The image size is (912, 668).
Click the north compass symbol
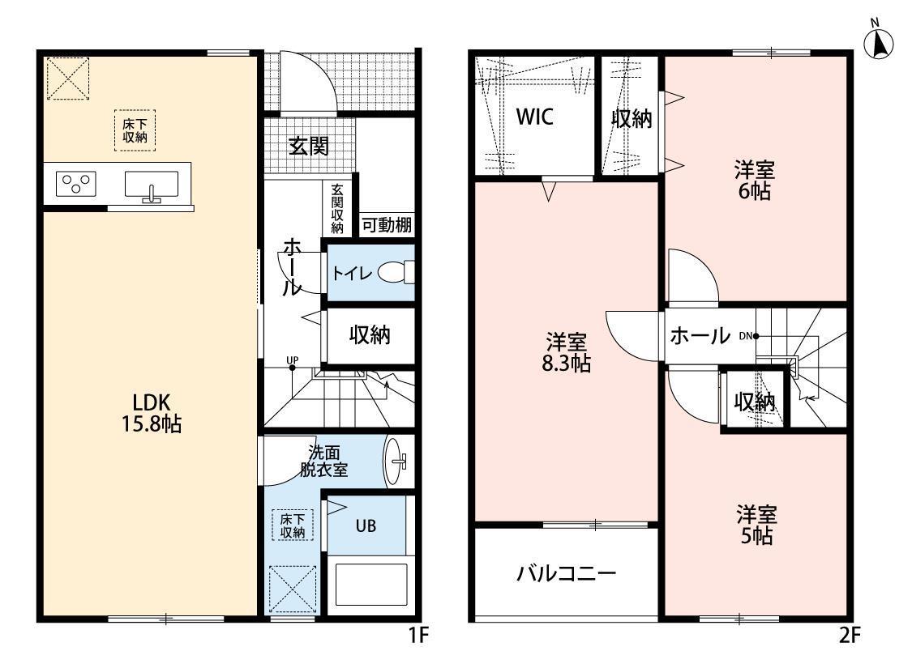tap(877, 42)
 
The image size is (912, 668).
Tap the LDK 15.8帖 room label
tap(152, 413)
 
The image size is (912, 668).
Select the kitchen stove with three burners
tap(76, 184)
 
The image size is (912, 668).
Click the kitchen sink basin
tap(152, 184)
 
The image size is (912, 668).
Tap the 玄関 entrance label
tap(309, 146)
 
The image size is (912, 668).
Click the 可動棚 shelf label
tap(387, 225)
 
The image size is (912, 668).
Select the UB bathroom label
tap(366, 526)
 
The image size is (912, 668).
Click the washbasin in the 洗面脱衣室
tap(396, 462)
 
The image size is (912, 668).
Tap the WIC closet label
tap(535, 117)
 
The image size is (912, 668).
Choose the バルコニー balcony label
tap(566, 574)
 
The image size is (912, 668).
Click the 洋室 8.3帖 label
tap(567, 352)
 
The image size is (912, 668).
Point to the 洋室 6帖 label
tap(755, 181)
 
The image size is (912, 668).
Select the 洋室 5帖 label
tap(756, 525)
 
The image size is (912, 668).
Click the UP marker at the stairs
tap(293, 360)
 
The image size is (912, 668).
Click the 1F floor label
tap(418, 636)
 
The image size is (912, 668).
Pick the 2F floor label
tap(850, 636)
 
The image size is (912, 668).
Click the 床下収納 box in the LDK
tap(135, 130)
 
